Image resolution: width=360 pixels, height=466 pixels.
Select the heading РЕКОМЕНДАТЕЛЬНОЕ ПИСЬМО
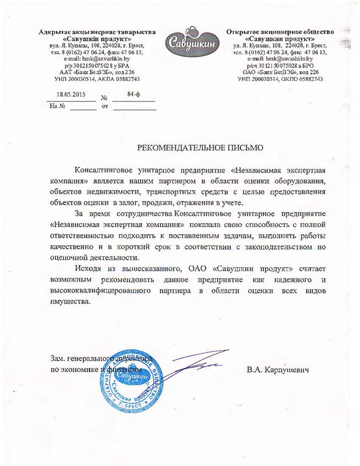pos(200,147)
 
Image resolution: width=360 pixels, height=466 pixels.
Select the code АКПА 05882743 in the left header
pos(121,79)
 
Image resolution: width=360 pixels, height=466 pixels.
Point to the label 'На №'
pos(57,107)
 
